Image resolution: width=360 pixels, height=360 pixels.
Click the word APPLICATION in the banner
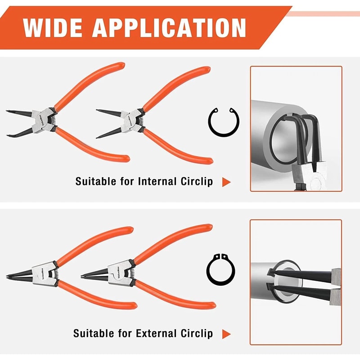click(170, 28)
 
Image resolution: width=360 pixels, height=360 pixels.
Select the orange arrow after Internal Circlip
click(226, 182)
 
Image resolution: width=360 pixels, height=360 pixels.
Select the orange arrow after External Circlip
click(226, 334)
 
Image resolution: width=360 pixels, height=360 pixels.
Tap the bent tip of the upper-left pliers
click(10, 134)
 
